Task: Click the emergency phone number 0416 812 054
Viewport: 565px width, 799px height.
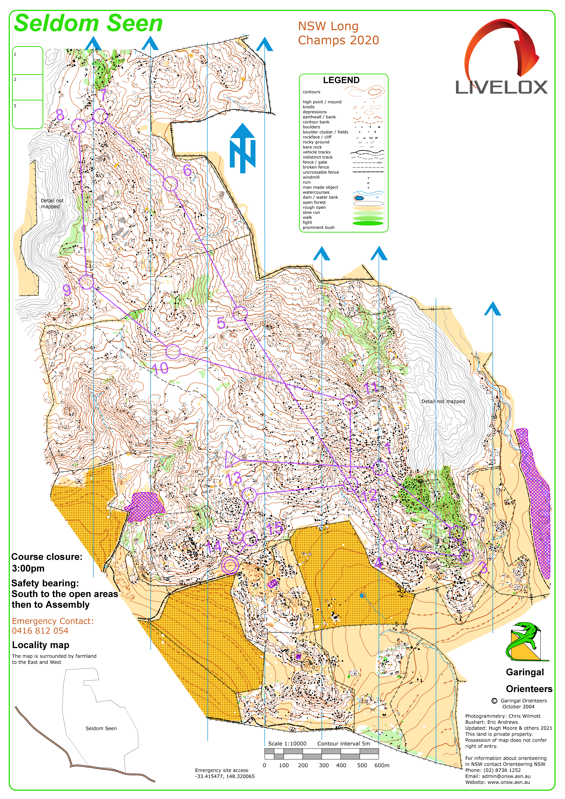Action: click(40, 631)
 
